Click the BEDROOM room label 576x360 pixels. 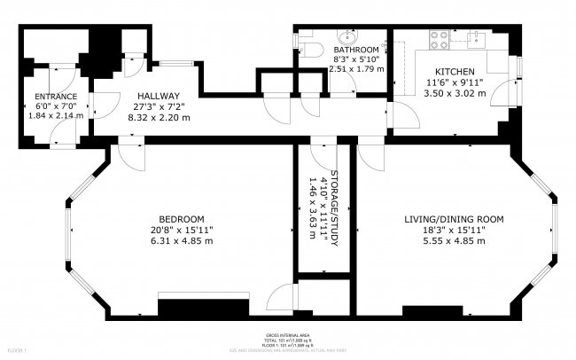coord(182,219)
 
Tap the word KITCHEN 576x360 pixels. coord(455,71)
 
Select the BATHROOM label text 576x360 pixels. coord(355,50)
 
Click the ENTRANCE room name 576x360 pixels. coord(55,96)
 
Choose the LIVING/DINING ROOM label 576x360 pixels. coord(455,219)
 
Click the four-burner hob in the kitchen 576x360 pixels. coord(438,38)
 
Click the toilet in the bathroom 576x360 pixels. coord(307,49)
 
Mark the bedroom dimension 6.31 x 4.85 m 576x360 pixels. coord(182,241)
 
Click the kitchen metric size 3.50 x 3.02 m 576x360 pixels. coord(455,91)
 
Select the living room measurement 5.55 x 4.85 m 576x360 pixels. coord(455,241)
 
